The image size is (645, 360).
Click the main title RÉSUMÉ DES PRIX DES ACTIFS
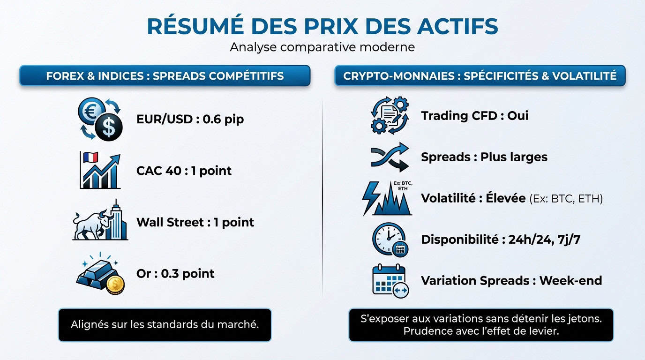coord(322,26)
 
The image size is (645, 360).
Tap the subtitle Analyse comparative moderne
coord(322,47)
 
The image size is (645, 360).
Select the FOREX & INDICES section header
coord(165,76)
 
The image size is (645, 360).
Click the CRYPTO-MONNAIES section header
coord(480,76)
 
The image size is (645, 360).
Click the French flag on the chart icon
coord(89,157)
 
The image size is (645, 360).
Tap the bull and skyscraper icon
coord(100,221)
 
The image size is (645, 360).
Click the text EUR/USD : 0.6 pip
coord(190,119)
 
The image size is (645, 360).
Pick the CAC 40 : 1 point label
coord(184,171)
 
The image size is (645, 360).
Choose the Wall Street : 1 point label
coord(195,222)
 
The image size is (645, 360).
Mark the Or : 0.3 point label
coord(175,273)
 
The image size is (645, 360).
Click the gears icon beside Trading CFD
coord(390,115)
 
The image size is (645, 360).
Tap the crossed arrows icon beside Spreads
coord(390,157)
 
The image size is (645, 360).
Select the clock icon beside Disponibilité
coord(390,240)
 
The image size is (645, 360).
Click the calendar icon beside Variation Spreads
coord(390,280)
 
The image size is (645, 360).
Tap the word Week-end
coord(570,281)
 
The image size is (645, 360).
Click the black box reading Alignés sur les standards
coord(165,324)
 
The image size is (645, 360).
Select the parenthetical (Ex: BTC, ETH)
coord(566,199)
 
